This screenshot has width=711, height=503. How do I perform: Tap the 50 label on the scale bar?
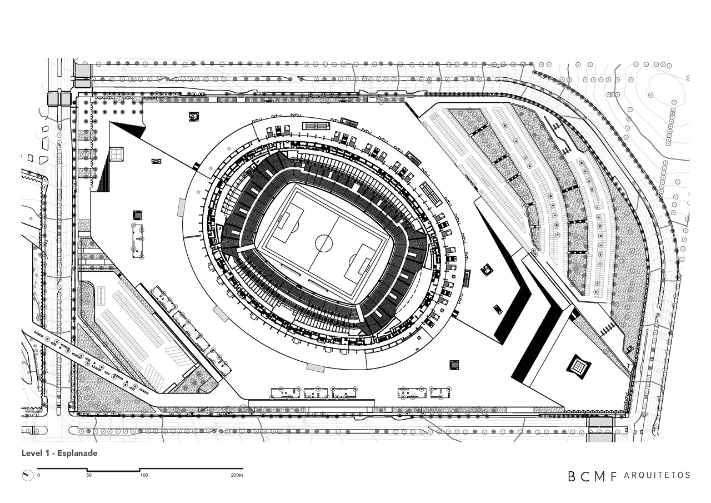[x=89, y=475]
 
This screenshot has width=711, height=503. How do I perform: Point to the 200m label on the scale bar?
[x=237, y=475]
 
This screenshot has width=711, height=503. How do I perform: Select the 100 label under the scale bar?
[x=144, y=475]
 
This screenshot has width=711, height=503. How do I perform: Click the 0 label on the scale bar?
[x=38, y=475]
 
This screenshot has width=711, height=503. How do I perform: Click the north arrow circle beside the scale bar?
[x=27, y=475]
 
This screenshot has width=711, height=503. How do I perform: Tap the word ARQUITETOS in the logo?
[x=657, y=475]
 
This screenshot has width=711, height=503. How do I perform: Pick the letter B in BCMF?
[x=572, y=476]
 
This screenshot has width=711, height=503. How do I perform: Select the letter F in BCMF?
[x=612, y=476]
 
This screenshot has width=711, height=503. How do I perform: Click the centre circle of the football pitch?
[x=324, y=243]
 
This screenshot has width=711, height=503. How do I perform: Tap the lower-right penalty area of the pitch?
[x=359, y=264]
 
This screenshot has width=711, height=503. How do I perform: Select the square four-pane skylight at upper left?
[x=117, y=153]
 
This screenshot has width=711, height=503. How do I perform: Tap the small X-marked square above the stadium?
[x=193, y=116]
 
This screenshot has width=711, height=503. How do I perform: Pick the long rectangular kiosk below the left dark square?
[x=137, y=241]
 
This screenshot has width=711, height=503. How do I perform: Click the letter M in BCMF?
[x=598, y=476]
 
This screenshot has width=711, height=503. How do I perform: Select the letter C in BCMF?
[x=584, y=476]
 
